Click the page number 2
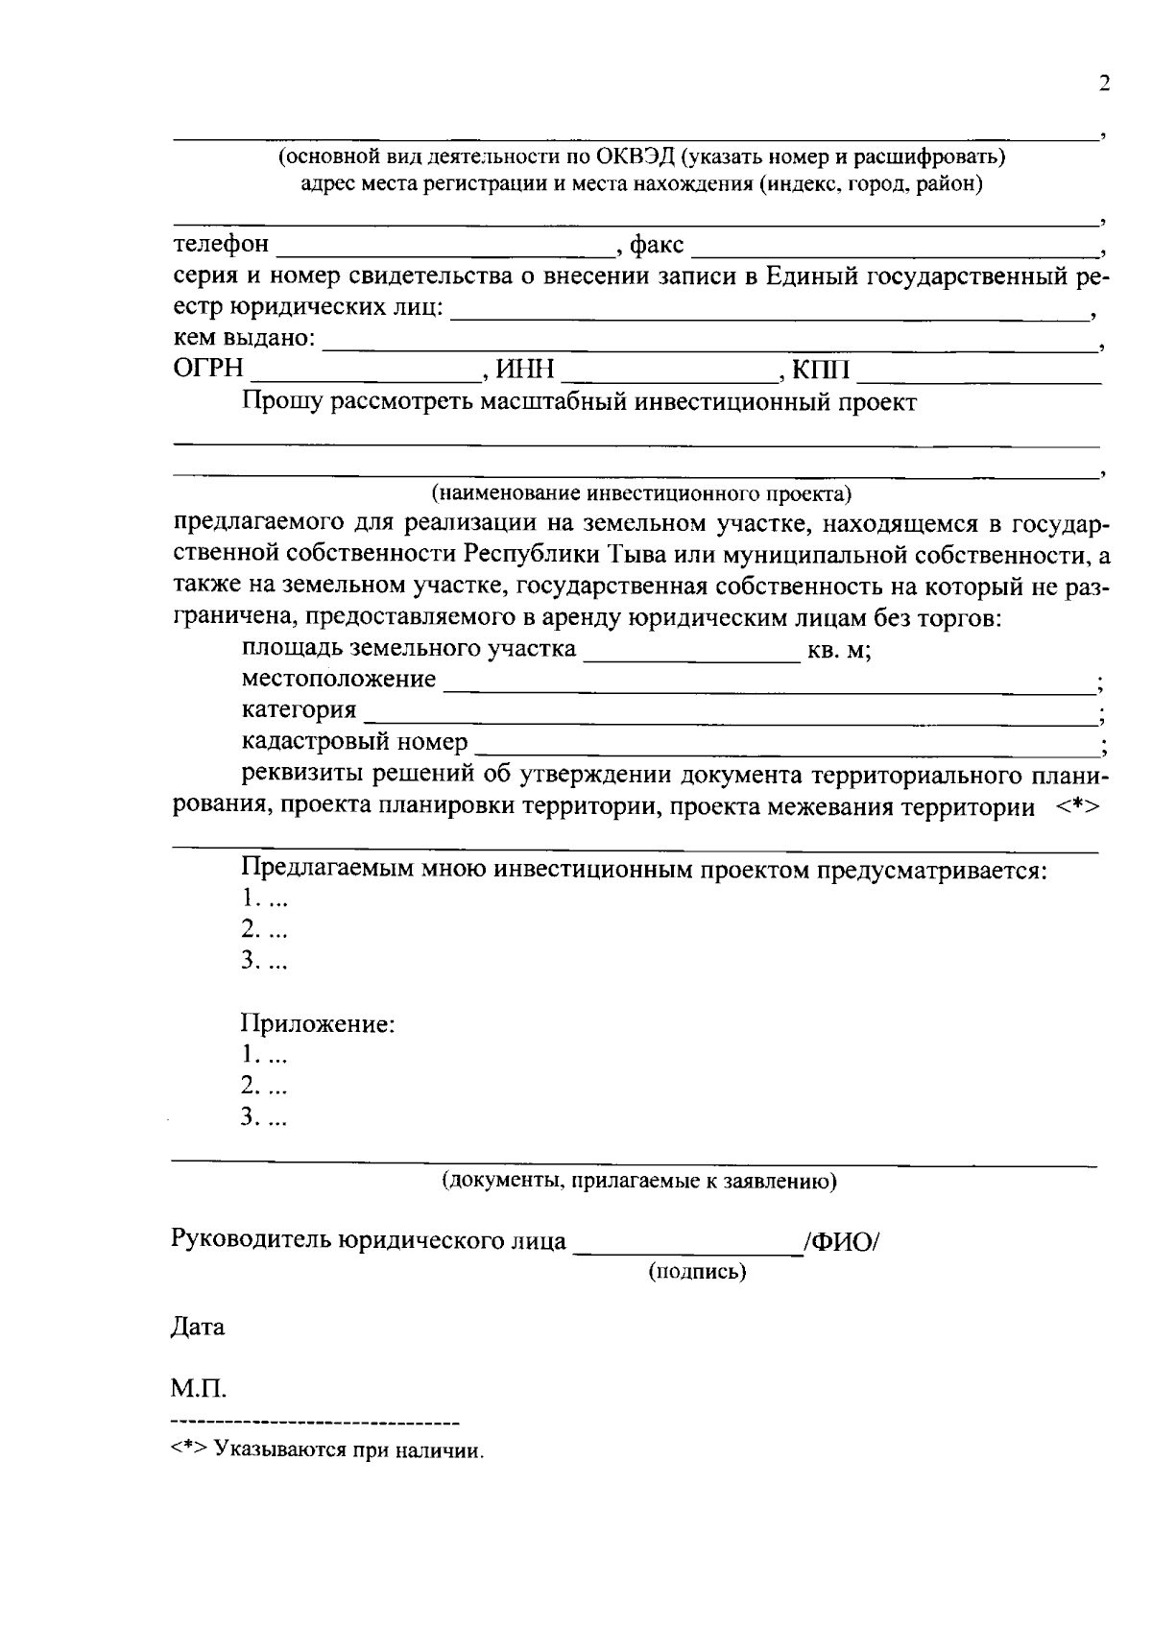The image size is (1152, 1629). tap(1103, 84)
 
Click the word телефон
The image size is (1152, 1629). tap(221, 245)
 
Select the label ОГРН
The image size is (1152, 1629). tap(208, 370)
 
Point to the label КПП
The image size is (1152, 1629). tap(821, 370)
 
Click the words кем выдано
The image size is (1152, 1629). tap(244, 338)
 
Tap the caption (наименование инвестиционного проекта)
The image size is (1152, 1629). tap(641, 494)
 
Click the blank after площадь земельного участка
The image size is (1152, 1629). tap(691, 657)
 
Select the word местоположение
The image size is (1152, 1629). tap(338, 680)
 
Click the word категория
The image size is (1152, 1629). tap(299, 711)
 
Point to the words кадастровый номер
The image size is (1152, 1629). tap(354, 742)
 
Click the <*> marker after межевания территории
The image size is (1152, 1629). tap(1078, 806)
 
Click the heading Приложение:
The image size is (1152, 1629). tap(318, 1023)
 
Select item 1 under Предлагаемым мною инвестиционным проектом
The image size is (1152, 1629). tap(263, 898)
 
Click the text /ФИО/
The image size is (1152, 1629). tap(842, 1241)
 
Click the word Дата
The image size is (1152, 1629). tap(199, 1328)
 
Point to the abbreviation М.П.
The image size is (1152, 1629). tap(199, 1389)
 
